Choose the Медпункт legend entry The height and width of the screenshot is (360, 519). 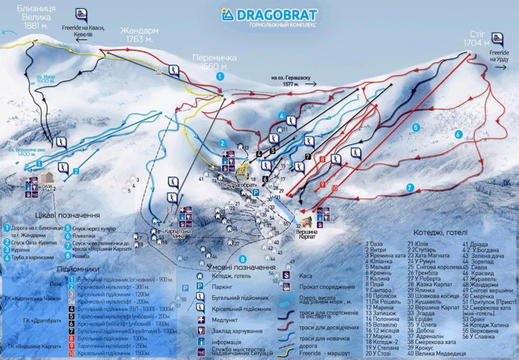click(212, 320)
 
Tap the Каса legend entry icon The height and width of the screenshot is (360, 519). click(287, 276)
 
